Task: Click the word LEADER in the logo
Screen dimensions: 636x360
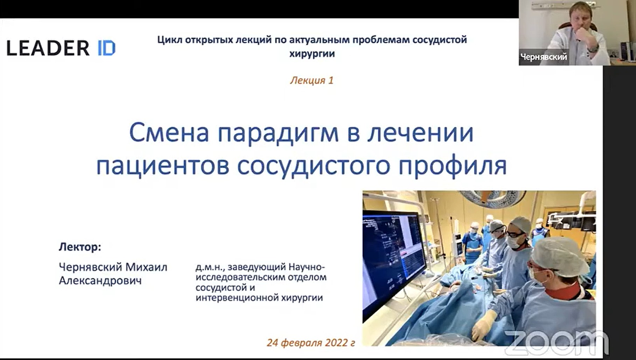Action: coord(48,48)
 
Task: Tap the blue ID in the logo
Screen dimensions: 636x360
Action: coord(106,48)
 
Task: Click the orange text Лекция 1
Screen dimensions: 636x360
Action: coord(312,80)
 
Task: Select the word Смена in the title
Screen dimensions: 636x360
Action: coord(169,133)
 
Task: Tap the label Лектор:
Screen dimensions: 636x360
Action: coord(80,247)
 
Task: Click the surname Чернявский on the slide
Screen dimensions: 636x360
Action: coord(90,267)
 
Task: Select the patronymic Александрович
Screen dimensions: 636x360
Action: coord(100,281)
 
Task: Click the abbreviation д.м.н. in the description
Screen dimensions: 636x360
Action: coord(209,267)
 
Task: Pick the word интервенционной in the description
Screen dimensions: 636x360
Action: coord(237,298)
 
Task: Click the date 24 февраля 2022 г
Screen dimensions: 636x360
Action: coord(311,343)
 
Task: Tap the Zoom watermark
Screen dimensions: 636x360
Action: coord(557,343)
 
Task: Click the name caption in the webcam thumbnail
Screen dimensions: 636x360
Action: coord(544,57)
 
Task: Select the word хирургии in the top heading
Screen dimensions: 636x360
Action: coord(312,54)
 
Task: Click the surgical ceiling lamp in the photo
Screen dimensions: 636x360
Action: coord(494,198)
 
